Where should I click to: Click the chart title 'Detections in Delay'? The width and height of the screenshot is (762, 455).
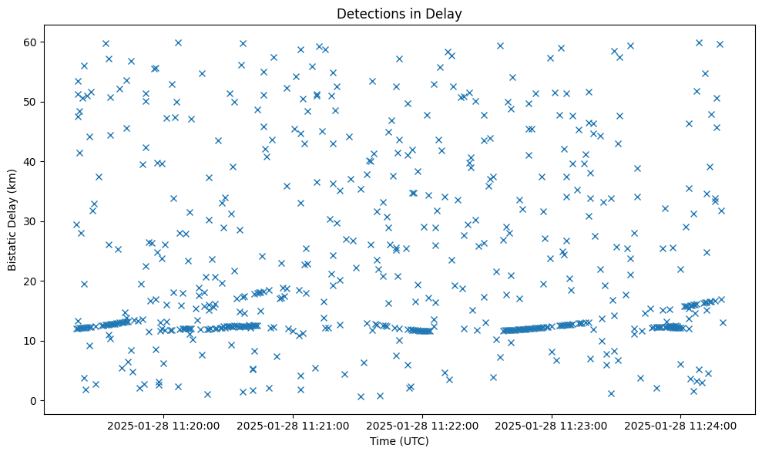399,13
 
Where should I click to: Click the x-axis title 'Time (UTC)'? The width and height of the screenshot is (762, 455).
399,441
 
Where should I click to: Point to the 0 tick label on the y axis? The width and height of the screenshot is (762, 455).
34,401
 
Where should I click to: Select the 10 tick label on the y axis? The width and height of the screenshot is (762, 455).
31,341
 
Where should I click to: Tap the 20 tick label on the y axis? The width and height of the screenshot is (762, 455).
31,281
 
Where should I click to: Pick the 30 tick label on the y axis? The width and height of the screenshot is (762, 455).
31,221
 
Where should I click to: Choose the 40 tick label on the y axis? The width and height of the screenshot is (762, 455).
31,162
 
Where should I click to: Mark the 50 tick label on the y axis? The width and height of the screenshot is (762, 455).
31,102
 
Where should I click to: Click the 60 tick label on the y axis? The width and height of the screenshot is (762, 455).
31,42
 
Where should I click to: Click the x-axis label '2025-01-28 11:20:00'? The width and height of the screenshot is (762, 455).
163,425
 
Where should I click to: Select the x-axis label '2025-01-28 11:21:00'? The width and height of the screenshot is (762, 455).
293,425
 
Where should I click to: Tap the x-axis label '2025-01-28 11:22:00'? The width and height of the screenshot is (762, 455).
422,425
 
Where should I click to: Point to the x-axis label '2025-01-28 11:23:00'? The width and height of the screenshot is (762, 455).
552,425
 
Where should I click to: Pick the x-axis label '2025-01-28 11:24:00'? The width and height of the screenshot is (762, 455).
681,425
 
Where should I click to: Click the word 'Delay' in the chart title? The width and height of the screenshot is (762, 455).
446,13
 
